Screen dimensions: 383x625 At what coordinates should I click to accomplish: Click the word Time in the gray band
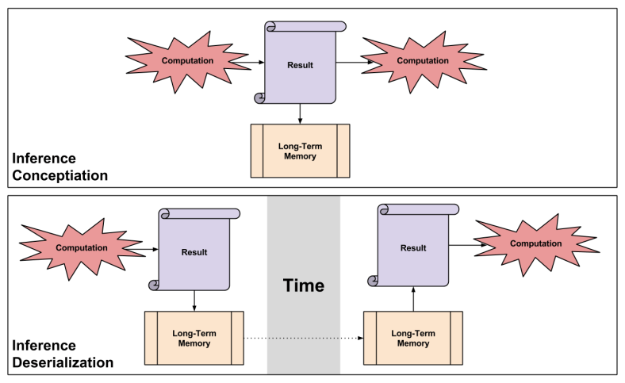click(x=303, y=285)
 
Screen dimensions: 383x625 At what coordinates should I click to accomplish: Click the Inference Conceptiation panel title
click(x=59, y=167)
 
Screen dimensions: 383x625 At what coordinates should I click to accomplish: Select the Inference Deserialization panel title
click(x=63, y=354)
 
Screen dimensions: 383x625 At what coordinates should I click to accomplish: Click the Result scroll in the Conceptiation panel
click(x=299, y=64)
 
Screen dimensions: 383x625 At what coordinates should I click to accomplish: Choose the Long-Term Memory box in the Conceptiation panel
click(x=300, y=151)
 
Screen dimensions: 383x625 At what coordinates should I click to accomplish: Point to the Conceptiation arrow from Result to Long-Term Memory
click(x=300, y=113)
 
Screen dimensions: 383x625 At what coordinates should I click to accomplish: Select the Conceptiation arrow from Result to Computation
click(x=349, y=62)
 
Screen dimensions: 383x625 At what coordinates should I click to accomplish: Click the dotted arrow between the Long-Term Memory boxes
click(x=301, y=339)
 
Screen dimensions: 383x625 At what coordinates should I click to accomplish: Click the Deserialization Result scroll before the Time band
click(x=194, y=252)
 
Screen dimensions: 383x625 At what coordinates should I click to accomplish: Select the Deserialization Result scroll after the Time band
click(x=412, y=247)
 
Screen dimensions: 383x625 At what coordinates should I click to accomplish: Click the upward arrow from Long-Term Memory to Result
click(x=412, y=300)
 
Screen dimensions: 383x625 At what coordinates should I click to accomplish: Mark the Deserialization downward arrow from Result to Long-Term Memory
click(x=194, y=301)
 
